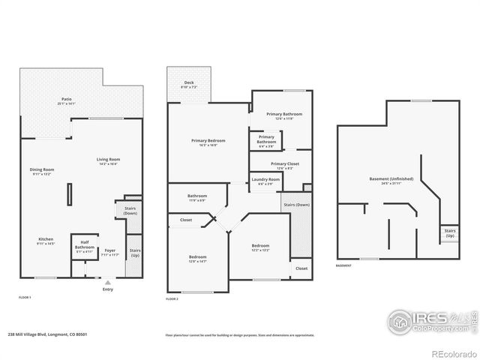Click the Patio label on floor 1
(x=67, y=100)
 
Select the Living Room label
(x=109, y=160)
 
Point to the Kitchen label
(x=46, y=240)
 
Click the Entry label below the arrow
(x=108, y=289)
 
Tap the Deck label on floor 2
(x=188, y=85)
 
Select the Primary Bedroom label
(x=207, y=142)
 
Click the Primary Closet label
(x=284, y=165)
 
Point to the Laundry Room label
(x=265, y=181)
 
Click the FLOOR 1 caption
(x=25, y=298)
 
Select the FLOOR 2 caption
(x=172, y=298)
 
